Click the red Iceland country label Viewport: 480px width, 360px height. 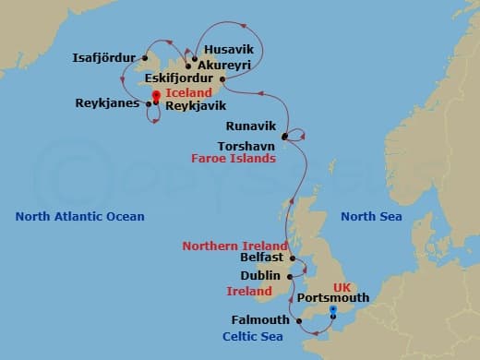point(188,93)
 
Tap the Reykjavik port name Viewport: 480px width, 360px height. point(196,106)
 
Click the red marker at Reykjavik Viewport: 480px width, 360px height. point(155,97)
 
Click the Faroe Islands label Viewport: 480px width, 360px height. point(234,159)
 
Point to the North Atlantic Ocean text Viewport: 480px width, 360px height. point(80,217)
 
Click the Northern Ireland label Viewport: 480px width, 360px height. point(234,246)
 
